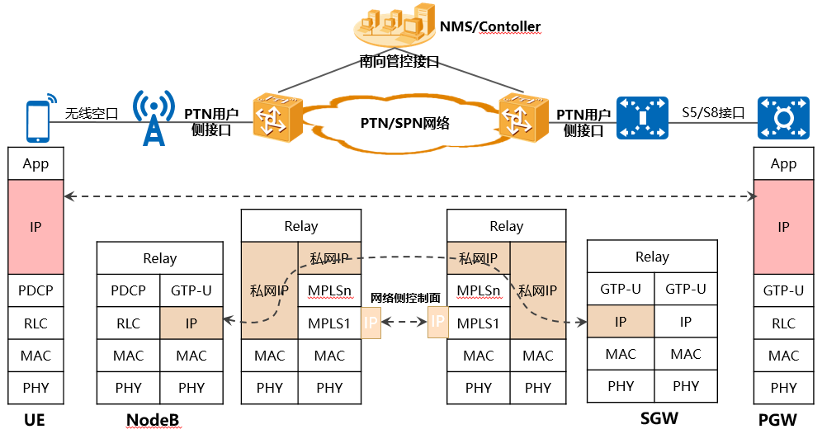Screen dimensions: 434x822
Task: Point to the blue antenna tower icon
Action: [x=154, y=117]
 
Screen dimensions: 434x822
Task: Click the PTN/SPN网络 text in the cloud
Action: [x=405, y=123]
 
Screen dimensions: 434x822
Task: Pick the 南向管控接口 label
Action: [x=399, y=62]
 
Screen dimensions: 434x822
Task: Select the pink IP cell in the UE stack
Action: [x=35, y=228]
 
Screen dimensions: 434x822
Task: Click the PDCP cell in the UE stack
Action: [x=35, y=290]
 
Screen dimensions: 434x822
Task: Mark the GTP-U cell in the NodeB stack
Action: [x=191, y=290]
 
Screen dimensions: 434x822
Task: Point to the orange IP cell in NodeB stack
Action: [x=191, y=323]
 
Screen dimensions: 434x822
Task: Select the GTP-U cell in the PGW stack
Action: [x=783, y=290]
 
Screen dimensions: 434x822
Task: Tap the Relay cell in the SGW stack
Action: [x=651, y=257]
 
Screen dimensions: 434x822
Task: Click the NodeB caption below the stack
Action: [x=153, y=420]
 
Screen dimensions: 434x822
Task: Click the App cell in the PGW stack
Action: [x=783, y=163]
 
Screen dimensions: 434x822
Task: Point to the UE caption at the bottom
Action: [x=35, y=420]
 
